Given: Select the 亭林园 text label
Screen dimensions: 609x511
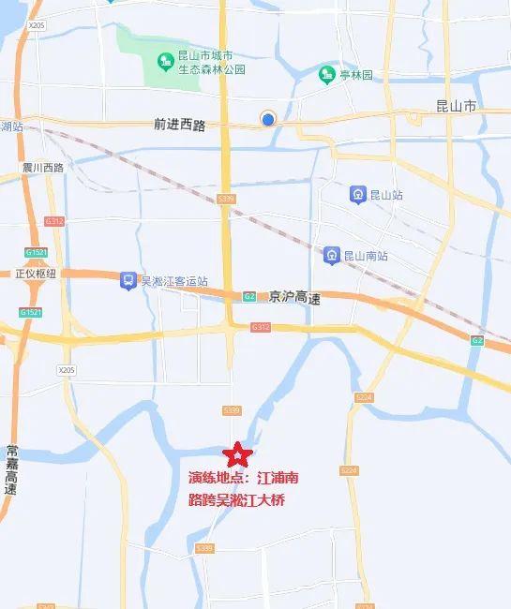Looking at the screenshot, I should (x=355, y=74).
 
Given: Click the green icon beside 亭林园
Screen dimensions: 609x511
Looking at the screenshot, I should (x=326, y=74).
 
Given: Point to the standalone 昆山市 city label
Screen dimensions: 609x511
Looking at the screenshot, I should (x=458, y=108).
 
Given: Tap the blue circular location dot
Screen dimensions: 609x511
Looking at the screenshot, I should (x=268, y=118).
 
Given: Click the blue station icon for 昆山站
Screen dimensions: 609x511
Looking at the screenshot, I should (x=357, y=195).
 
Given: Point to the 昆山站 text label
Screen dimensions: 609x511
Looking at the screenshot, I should (x=386, y=195).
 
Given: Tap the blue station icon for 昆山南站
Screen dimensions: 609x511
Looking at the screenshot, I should (x=331, y=254).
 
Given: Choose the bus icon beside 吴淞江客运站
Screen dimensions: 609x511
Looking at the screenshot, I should (x=128, y=280).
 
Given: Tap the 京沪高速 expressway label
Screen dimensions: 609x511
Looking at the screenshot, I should (x=294, y=297).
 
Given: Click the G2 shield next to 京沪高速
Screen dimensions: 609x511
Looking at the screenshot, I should (x=249, y=297).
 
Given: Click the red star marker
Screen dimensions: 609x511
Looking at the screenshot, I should (x=238, y=455).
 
